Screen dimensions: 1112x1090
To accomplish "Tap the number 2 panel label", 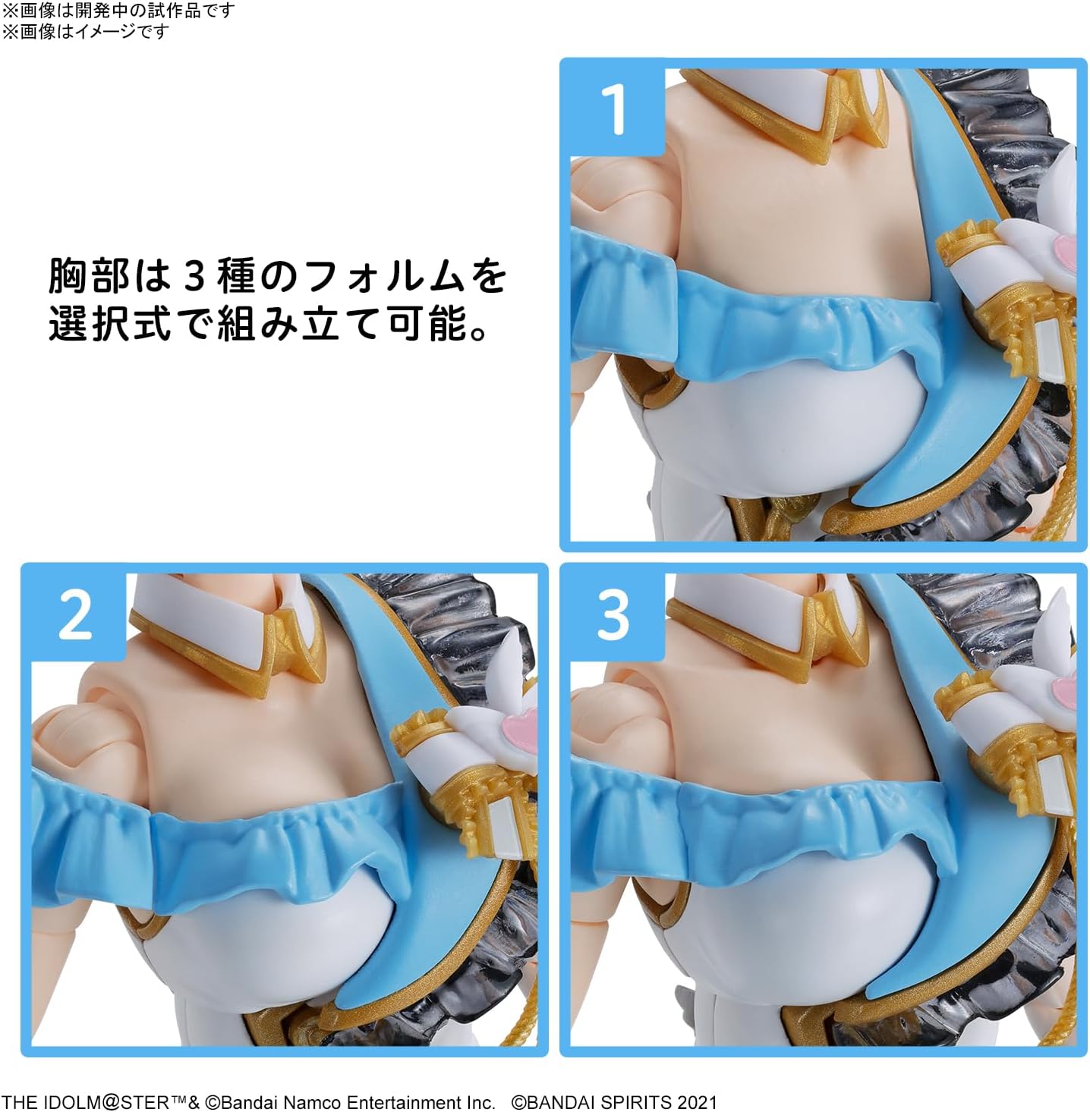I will pyautogui.click(x=75, y=615).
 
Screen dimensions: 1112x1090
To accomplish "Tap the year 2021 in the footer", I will pyautogui.click(x=695, y=1101).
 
